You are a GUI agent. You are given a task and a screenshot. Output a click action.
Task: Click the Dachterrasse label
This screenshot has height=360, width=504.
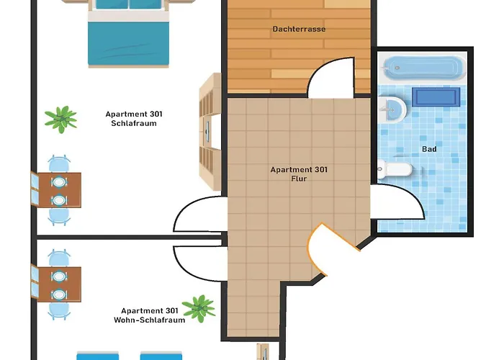[x=299, y=29]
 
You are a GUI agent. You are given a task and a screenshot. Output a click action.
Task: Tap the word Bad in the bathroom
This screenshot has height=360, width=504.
[x=429, y=149]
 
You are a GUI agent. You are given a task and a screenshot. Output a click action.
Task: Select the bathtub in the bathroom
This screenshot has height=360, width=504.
[x=423, y=68]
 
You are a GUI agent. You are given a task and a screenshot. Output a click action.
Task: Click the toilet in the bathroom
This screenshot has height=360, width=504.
[x=395, y=169]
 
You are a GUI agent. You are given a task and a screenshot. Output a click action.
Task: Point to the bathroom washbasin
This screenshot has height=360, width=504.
[x=392, y=109]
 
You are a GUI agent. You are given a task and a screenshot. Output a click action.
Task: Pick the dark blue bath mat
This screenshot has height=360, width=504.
[x=436, y=96]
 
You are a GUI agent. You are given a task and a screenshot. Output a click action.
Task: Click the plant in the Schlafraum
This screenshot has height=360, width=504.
[x=60, y=120]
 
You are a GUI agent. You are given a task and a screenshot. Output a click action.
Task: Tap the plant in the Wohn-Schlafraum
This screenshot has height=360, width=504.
[x=199, y=308]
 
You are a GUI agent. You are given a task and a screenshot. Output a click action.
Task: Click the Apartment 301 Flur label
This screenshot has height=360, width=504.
[x=299, y=174]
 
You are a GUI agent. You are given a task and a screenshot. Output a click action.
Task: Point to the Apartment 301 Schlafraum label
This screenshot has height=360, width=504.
[x=134, y=119]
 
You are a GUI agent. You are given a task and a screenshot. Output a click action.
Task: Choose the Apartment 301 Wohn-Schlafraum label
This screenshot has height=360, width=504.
[x=150, y=315]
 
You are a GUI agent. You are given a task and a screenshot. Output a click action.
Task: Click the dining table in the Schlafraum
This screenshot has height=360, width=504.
[x=59, y=190]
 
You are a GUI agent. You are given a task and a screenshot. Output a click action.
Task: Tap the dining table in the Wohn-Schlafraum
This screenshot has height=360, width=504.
[x=59, y=284]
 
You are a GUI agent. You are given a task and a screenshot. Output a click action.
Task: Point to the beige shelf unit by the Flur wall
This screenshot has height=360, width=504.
[x=210, y=132]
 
